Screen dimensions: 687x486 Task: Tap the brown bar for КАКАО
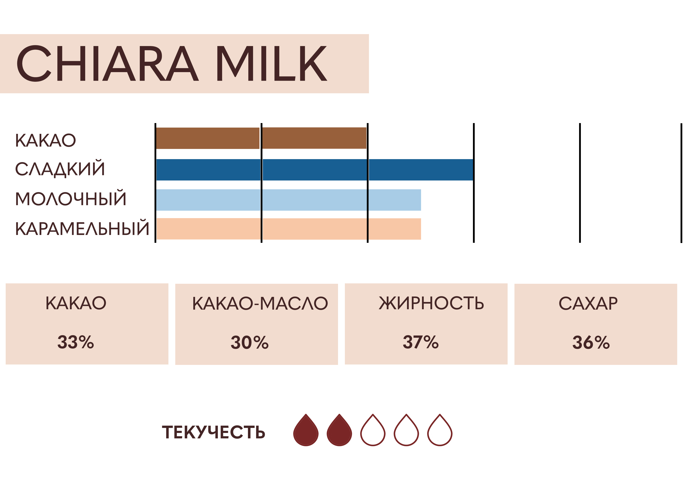tap(261, 138)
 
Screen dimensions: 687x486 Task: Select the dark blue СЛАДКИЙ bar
tap(315, 170)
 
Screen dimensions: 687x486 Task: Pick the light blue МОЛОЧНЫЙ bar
tap(288, 200)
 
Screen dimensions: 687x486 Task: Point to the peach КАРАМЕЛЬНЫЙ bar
tap(288, 229)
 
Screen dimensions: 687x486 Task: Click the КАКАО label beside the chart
tap(45, 141)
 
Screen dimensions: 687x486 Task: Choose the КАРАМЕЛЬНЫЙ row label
tap(82, 228)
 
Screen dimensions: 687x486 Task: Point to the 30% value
tap(249, 342)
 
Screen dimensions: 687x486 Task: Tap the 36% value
tap(591, 342)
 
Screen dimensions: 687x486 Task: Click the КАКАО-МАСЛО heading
tap(260, 303)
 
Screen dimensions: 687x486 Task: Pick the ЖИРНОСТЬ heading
tap(431, 303)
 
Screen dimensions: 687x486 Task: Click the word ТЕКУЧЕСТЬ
tap(214, 432)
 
